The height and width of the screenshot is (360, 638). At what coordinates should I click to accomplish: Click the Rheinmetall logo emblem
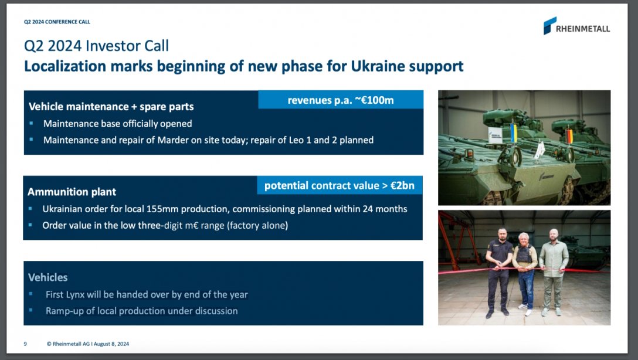pyautogui.click(x=549, y=26)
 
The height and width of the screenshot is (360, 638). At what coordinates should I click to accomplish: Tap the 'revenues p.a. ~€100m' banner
pyautogui.click(x=341, y=100)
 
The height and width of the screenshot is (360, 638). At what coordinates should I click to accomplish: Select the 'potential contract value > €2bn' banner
pyautogui.click(x=340, y=185)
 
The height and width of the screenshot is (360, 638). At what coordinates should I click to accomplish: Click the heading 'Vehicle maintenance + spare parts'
pyautogui.click(x=111, y=107)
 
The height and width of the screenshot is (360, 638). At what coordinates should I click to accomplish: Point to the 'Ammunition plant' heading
pyautogui.click(x=72, y=192)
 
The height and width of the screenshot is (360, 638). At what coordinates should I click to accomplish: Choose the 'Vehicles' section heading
pyautogui.click(x=47, y=277)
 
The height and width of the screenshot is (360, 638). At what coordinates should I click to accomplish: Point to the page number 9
pyautogui.click(x=25, y=344)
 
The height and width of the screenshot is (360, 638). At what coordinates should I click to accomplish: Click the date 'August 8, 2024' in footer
pyautogui.click(x=111, y=344)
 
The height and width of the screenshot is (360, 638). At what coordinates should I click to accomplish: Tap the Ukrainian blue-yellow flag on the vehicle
pyautogui.click(x=514, y=133)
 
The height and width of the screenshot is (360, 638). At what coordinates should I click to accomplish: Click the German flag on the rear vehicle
pyautogui.click(x=569, y=135)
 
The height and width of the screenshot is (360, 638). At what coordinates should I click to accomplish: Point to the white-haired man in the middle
pyautogui.click(x=525, y=273)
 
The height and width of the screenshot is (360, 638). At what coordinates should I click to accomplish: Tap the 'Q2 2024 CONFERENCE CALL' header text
pyautogui.click(x=57, y=22)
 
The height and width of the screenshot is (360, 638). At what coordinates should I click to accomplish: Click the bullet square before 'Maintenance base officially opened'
pyautogui.click(x=31, y=123)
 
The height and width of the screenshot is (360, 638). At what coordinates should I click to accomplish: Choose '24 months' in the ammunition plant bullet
pyautogui.click(x=385, y=209)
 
